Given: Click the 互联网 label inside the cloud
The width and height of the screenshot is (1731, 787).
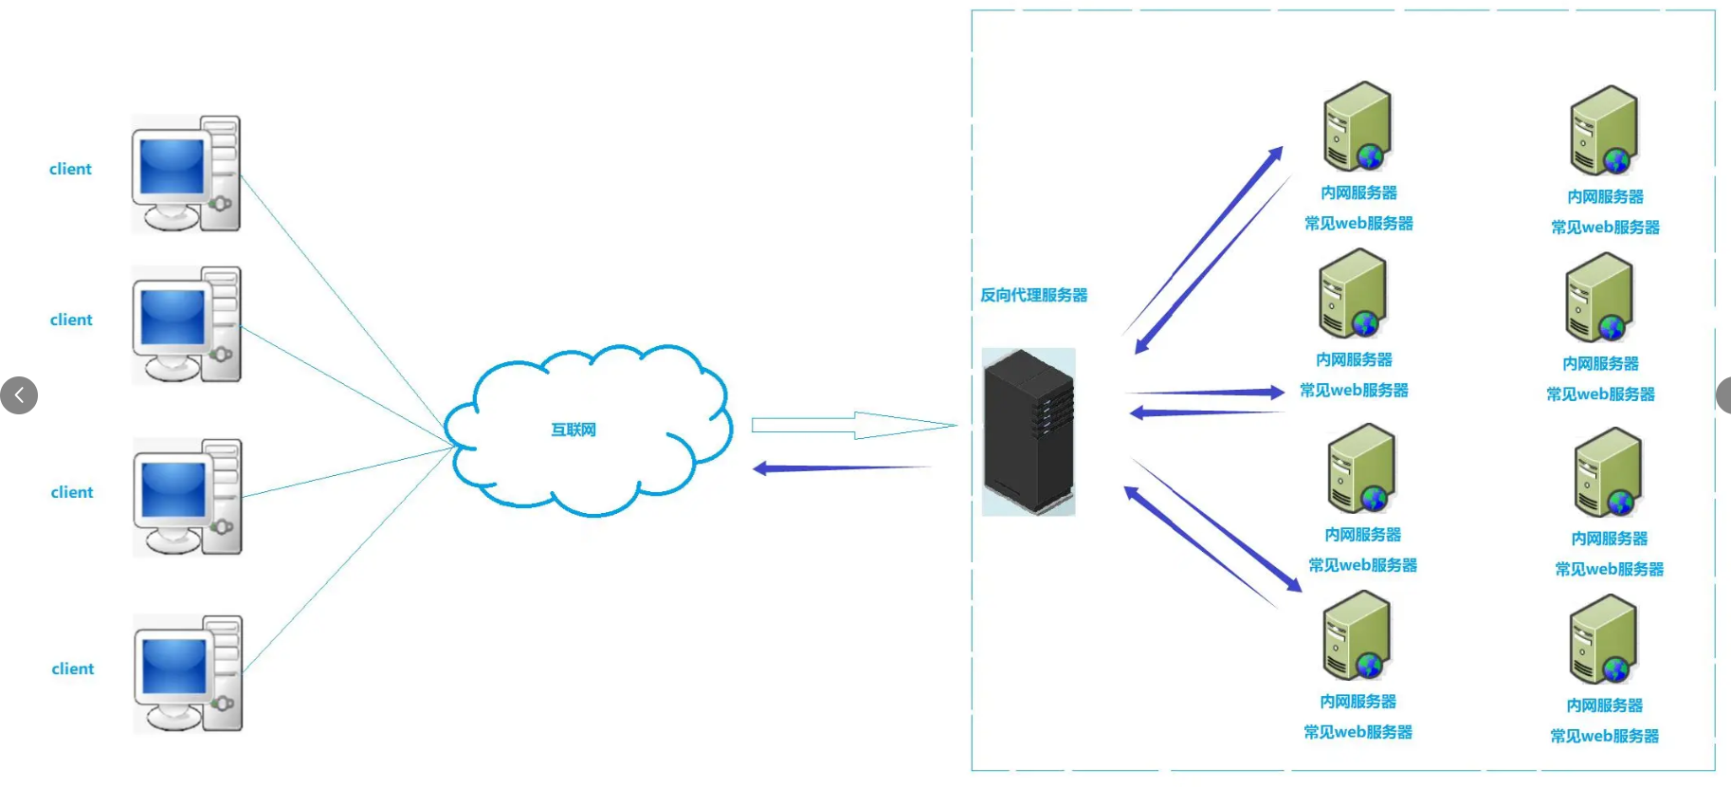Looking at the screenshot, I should (574, 430).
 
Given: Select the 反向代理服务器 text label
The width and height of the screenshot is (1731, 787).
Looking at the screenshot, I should (1033, 295).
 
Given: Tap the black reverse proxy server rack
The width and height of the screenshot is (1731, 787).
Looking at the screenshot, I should (1029, 431).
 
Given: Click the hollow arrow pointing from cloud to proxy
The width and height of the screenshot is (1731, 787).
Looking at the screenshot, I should (853, 425).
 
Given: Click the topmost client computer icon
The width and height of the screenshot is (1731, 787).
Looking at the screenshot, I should (186, 174).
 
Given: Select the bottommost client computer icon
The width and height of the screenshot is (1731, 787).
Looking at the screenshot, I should (188, 673).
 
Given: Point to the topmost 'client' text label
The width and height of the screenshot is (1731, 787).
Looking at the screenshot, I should (70, 169).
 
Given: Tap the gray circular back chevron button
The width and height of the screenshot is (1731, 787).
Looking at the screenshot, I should (19, 395).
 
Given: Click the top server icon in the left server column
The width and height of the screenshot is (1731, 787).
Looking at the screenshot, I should (1357, 126).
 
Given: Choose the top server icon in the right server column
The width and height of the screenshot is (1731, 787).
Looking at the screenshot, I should (1604, 131).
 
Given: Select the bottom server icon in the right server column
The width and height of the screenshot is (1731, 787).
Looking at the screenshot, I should (1603, 639).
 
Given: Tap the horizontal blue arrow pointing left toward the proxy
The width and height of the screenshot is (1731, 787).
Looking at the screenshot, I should (1204, 412).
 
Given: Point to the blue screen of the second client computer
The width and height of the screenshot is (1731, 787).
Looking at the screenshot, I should (173, 317).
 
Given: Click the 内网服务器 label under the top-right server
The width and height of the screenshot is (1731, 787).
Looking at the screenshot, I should (1605, 196).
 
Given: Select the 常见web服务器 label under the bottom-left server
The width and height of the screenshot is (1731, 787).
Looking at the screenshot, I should (1357, 732).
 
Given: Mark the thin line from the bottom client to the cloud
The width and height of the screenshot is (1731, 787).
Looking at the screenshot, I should (346, 558).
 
